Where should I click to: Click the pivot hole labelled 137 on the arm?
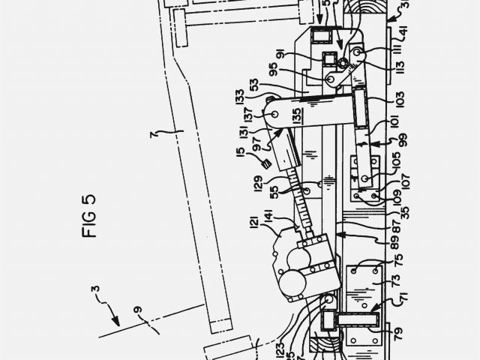(x=274, y=113)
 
